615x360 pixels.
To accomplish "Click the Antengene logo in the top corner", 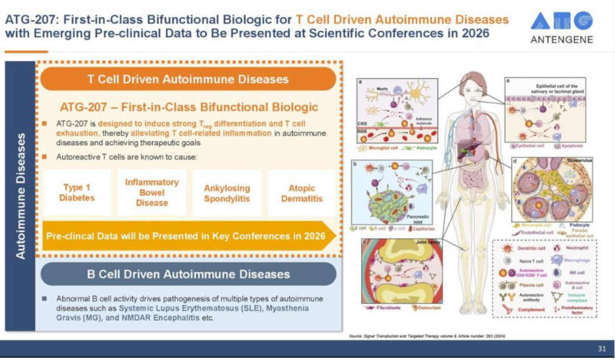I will click(561, 27).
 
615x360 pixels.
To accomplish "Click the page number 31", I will click(602, 349).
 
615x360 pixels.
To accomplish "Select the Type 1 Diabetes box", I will click(77, 193).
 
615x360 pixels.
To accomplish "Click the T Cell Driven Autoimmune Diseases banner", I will click(187, 79).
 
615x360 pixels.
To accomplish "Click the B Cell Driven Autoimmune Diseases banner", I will click(188, 274).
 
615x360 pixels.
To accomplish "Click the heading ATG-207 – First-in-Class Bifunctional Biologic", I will click(188, 107).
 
